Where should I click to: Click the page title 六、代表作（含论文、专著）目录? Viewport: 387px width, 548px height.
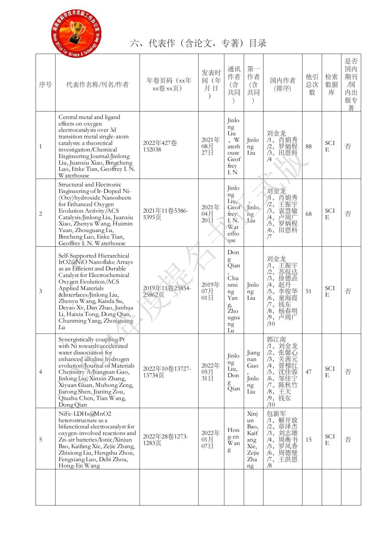coord(198,43)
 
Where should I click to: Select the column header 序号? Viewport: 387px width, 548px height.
coord(45,84)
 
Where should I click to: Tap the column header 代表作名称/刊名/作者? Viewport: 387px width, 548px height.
coord(97,84)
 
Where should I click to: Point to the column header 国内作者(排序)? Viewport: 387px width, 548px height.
coord(283,84)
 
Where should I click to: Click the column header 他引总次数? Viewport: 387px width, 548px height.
coord(312,84)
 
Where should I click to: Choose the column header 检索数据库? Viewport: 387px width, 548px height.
coord(331,84)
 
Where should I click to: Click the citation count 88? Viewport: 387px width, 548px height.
coord(309,146)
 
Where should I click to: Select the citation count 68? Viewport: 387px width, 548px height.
coord(309,214)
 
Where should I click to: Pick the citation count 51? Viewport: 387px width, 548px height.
coord(309,291)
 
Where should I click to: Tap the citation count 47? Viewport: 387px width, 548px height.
coord(309,372)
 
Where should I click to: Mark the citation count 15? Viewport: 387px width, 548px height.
coord(309,439)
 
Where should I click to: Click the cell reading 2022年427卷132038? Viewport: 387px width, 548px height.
coord(160,146)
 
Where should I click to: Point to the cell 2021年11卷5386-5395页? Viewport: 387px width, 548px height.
coord(165,214)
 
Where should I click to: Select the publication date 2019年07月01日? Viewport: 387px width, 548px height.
coord(211,291)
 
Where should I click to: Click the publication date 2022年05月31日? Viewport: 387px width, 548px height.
coord(211,372)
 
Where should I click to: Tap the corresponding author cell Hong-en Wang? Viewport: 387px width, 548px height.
coord(234,440)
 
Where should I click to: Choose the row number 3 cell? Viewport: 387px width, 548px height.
coord(41,291)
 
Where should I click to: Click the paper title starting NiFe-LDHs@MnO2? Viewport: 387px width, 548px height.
coord(97,439)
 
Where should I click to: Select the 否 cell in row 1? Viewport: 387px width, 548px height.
coord(348,146)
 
